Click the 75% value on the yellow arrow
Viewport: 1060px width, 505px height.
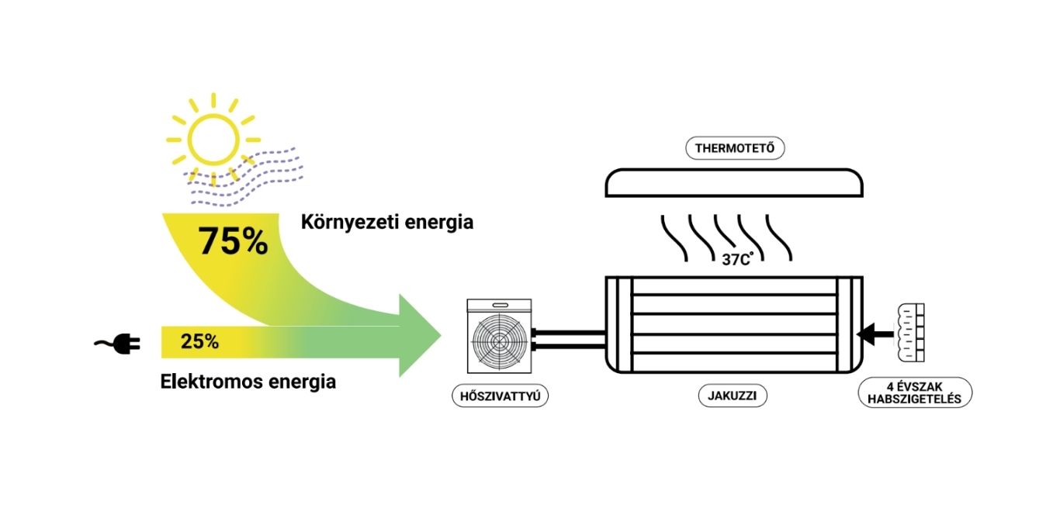point(233,241)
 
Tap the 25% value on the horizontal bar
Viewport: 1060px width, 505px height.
point(199,341)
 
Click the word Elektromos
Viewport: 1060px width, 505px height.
point(209,382)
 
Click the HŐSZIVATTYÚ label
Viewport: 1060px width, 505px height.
point(500,396)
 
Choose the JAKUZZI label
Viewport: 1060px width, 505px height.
point(732,396)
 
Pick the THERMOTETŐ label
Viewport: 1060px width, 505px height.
point(734,148)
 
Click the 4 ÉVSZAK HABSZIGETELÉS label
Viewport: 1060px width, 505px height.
point(916,393)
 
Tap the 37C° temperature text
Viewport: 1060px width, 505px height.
point(738,260)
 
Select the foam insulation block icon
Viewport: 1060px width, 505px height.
point(911,334)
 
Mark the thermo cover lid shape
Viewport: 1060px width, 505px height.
point(734,182)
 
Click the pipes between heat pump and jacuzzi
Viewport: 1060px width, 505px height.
point(568,337)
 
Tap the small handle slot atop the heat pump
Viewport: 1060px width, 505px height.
point(498,306)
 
